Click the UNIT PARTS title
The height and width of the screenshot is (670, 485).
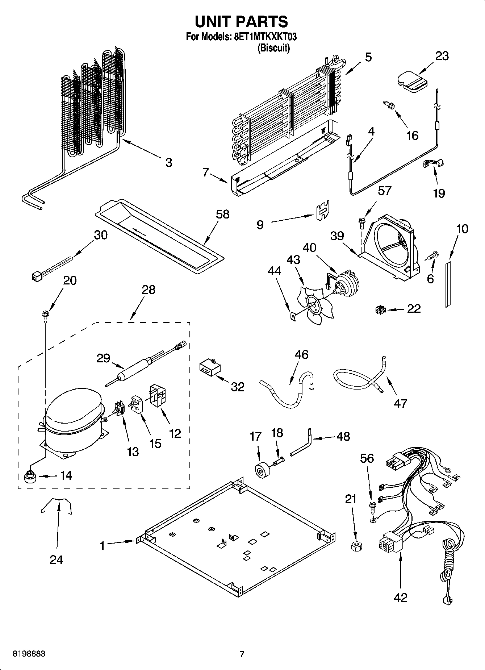click(242, 22)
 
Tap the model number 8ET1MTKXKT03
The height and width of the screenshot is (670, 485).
click(263, 37)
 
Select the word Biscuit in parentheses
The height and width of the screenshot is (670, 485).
click(273, 48)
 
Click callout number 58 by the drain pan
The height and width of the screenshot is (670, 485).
click(222, 214)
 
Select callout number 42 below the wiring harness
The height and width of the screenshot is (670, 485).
click(400, 597)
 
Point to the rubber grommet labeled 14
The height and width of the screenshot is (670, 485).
click(30, 477)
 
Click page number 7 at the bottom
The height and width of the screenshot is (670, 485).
click(242, 654)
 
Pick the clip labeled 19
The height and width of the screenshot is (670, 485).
click(433, 163)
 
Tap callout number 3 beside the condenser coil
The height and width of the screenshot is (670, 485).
click(169, 162)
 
